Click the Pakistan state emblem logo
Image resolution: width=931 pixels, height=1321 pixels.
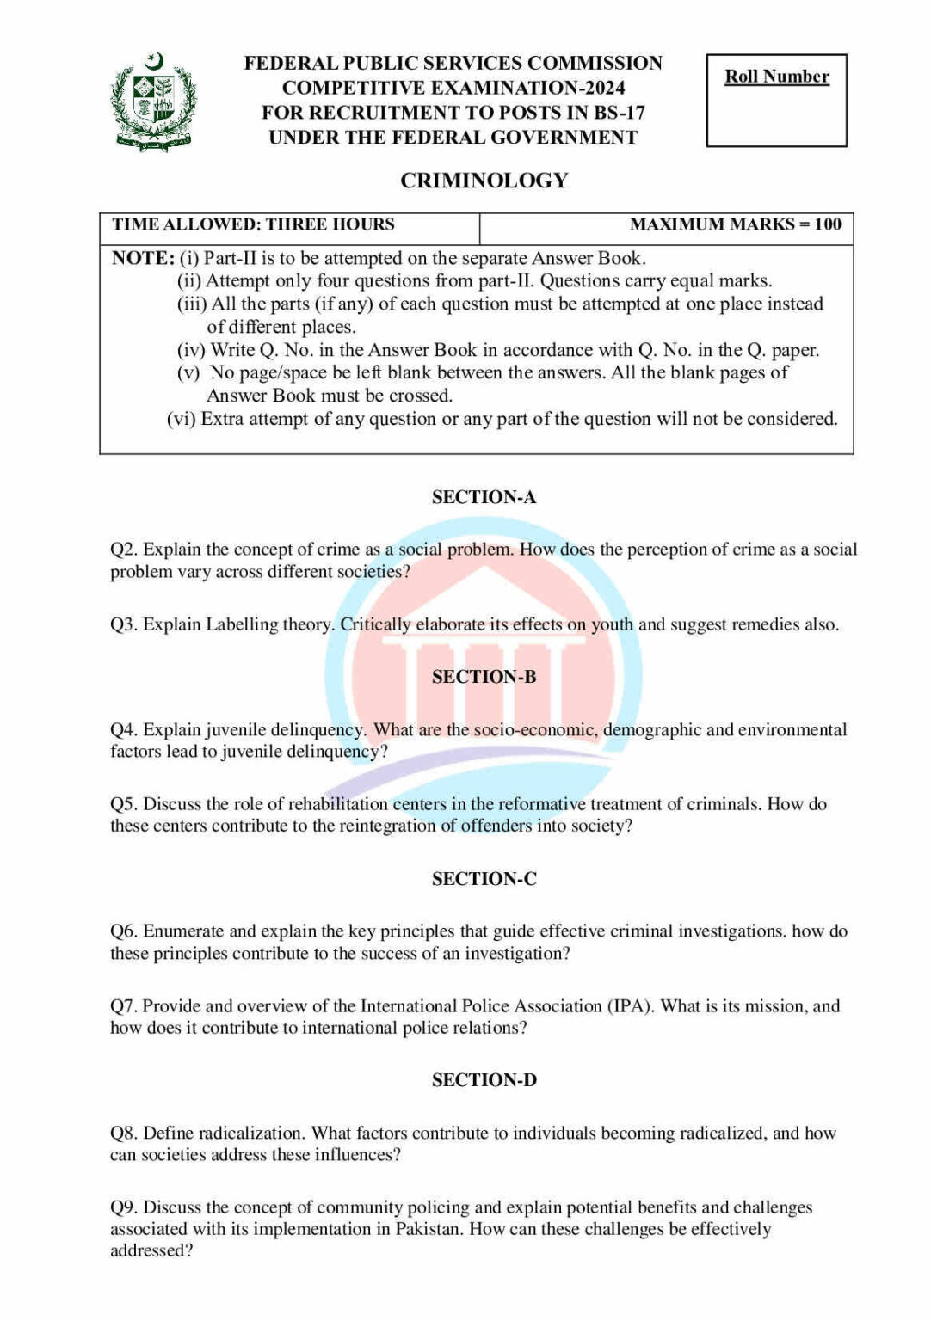coord(154,101)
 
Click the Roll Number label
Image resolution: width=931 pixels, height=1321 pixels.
coord(776,77)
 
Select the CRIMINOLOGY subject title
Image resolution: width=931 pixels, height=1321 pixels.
coord(484,181)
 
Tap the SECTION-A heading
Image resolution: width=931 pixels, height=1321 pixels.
coord(484,497)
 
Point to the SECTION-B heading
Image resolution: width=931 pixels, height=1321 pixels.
coord(484,677)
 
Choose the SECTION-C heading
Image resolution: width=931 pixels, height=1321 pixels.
coord(484,879)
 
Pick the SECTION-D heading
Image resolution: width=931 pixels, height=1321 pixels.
coord(484,1080)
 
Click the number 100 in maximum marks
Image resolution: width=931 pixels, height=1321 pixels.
coord(827,224)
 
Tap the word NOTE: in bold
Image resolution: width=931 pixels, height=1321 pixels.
coord(143,258)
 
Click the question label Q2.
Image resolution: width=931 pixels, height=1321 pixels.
coord(123,550)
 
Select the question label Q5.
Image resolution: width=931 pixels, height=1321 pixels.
coord(123,804)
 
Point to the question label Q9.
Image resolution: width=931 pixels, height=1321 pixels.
coord(123,1207)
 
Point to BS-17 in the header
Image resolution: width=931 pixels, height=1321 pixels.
coord(619,113)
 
